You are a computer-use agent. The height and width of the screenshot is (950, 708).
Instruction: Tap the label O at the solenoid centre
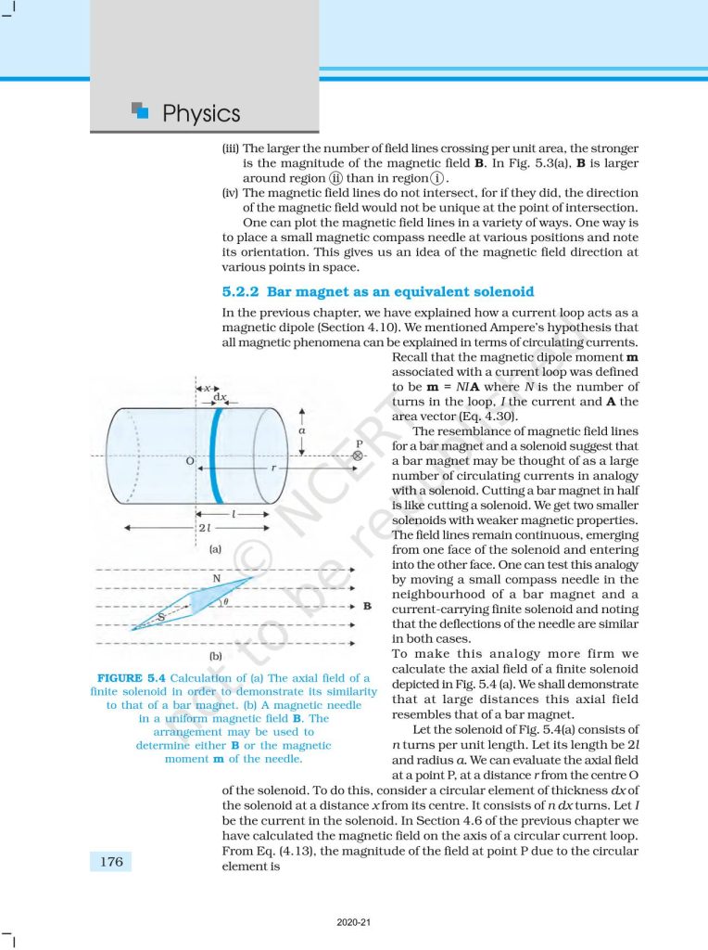pos(189,460)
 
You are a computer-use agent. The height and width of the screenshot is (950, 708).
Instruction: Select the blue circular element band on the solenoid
pos(215,456)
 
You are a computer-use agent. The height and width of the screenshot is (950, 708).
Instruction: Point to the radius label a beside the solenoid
pos(302,430)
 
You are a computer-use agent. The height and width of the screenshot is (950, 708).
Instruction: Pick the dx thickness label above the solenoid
pos(220,397)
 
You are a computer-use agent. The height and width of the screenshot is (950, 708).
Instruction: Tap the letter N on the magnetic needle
pos(216,579)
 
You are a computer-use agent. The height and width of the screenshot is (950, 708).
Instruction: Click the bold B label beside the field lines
pos(367,606)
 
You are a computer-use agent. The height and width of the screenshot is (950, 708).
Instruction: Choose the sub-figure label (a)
pos(215,549)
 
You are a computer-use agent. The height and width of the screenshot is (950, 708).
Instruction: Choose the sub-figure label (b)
pos(215,657)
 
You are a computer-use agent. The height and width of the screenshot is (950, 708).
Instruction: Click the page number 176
pos(111,862)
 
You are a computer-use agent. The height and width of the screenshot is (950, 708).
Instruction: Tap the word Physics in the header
pos(201,114)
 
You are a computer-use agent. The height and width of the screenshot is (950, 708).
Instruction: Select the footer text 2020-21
pos(354,922)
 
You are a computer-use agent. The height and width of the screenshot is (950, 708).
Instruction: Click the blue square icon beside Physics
pos(141,110)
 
